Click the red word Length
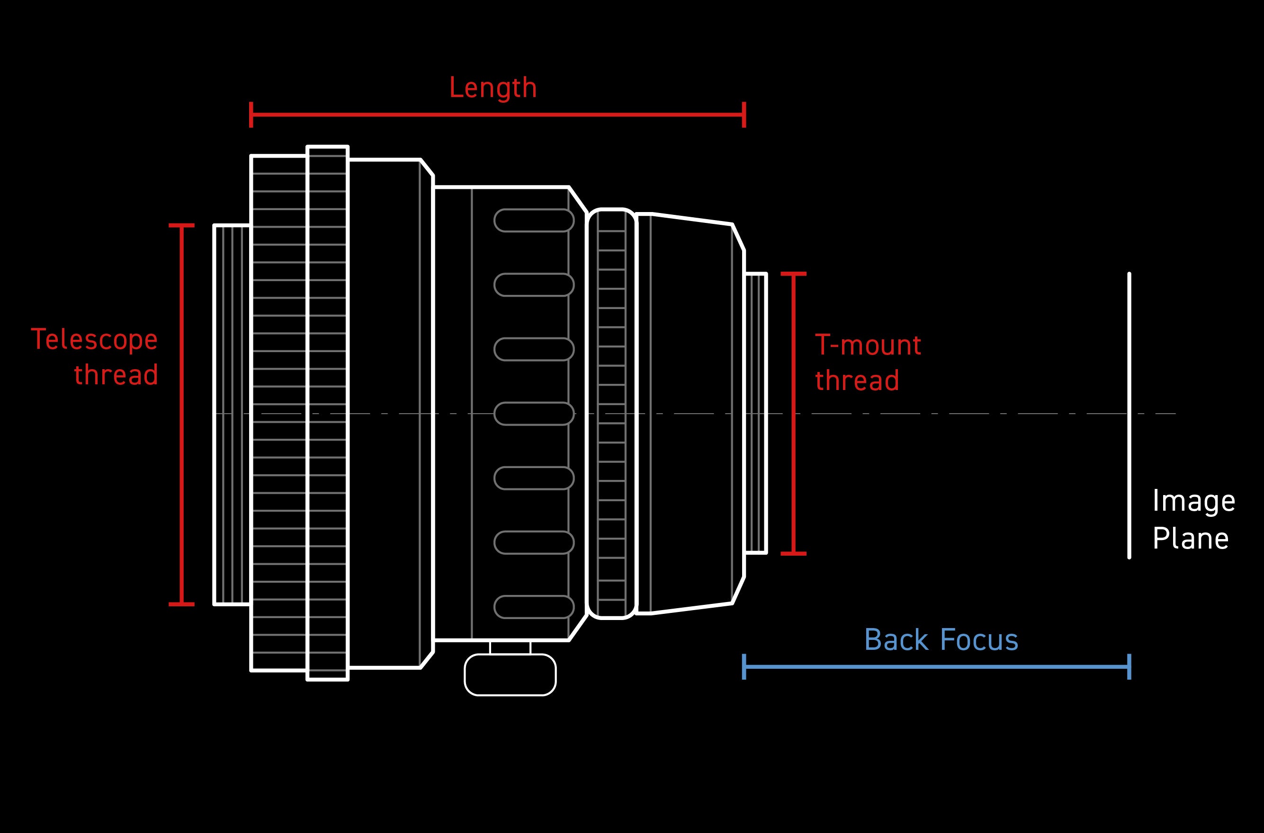[493, 88]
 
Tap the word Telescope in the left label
[94, 339]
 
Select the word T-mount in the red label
[868, 346]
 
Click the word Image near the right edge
[1193, 501]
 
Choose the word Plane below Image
[1190, 539]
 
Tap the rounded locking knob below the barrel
[510, 675]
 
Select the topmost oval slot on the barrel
[534, 221]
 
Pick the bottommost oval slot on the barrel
[534, 607]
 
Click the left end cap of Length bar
[251, 115]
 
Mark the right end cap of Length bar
[744, 115]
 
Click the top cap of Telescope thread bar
[181, 226]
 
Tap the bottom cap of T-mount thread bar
[793, 554]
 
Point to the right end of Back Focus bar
[1129, 667]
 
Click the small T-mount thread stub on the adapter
[755, 413]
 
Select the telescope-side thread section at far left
[232, 415]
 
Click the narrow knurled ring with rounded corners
[611, 413]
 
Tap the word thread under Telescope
[116, 375]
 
